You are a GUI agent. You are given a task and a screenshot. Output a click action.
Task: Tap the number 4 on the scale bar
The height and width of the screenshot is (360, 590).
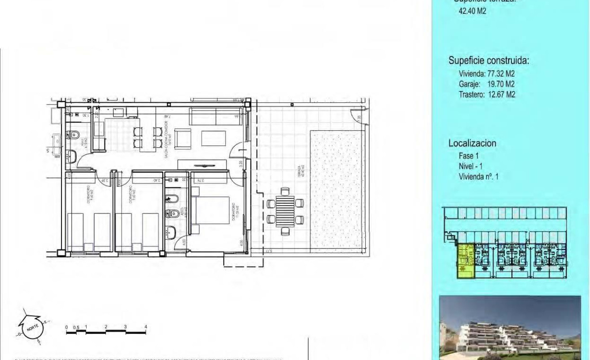tap(146, 327)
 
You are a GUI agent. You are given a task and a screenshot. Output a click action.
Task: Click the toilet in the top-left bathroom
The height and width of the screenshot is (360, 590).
tap(75, 134)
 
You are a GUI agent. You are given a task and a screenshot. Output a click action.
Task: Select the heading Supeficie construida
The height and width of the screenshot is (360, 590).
tap(489, 61)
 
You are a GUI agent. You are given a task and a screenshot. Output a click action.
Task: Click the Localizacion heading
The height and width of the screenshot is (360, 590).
tap(472, 143)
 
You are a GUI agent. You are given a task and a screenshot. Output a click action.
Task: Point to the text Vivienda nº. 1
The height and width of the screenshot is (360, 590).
tap(478, 177)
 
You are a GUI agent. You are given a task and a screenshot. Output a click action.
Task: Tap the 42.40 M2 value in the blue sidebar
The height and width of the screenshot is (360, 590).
tap(472, 11)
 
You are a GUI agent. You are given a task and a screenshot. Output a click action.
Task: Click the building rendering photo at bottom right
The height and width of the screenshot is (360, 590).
tap(509, 328)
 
